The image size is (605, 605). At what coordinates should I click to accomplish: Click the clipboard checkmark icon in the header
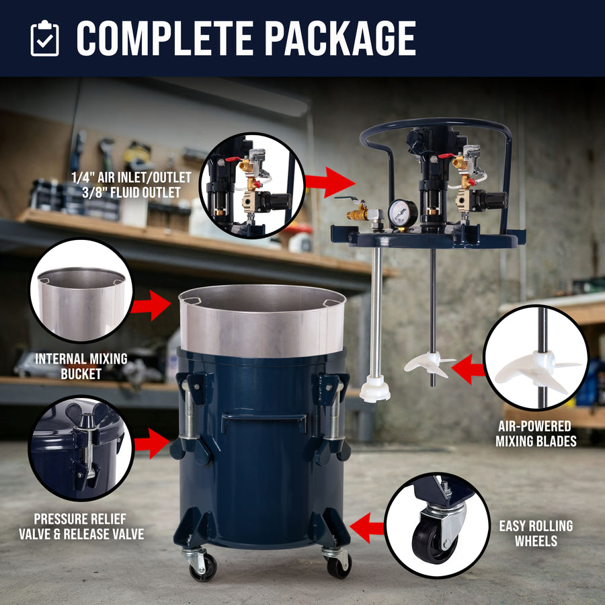point(45,38)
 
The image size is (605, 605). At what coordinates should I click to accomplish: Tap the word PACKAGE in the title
point(340,38)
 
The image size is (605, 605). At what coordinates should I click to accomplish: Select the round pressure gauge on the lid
point(403,213)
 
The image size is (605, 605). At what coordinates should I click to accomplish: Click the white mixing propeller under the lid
point(429,364)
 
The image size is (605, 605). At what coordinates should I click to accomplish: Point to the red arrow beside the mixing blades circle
point(468,369)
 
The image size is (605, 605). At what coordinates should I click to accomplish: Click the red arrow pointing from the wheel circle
point(367,528)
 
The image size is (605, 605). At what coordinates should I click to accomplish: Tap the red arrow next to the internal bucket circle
point(151,305)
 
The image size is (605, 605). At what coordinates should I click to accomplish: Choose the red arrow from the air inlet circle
point(330,182)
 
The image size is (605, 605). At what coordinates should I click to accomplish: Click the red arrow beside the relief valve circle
point(152,444)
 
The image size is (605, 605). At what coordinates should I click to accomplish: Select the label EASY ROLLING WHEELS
point(536,533)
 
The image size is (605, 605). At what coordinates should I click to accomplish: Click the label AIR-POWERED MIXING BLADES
point(536,434)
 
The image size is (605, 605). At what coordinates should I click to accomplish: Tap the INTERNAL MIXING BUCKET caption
point(81,366)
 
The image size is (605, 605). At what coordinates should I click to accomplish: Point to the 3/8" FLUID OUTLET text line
point(131,192)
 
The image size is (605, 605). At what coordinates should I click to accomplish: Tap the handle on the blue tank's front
point(264,422)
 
